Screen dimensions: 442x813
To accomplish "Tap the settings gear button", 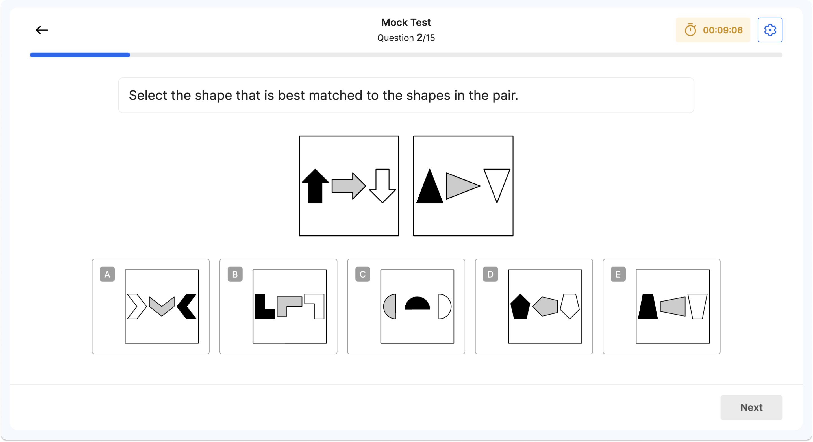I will [x=769, y=30].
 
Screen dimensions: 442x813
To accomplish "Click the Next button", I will [x=751, y=407].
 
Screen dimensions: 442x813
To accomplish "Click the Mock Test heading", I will [x=406, y=22].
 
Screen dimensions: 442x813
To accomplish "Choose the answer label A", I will [x=107, y=274].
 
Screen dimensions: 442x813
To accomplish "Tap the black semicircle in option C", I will [x=417, y=304].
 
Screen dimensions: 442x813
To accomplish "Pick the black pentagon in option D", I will [x=520, y=307].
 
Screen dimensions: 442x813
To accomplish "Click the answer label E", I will [x=618, y=274].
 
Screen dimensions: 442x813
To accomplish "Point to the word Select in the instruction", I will [x=148, y=95].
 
